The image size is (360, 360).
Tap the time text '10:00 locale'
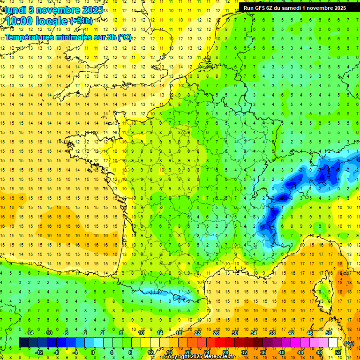pyautogui.click(x=37, y=21)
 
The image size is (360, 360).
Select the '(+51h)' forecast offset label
pyautogui.click(x=81, y=21)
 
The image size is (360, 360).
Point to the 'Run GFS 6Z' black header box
pyautogui.click(x=295, y=7)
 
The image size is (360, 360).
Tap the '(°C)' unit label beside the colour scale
pyautogui.click(x=349, y=343)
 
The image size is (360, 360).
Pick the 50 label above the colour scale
pyautogui.click(x=329, y=333)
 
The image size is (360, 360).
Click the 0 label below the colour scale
pyautogui.click(x=93, y=352)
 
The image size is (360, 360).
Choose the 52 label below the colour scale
pyautogui.click(x=338, y=352)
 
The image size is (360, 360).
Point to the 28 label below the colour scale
pyautogui.click(x=225, y=352)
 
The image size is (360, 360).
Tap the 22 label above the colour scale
pyautogui.click(x=197, y=333)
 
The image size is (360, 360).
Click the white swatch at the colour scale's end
pyautogui.click(x=333, y=342)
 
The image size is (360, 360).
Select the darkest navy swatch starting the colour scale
pyautogui.click(x=23, y=342)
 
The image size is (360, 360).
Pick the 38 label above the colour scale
pyautogui.click(x=272, y=333)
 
